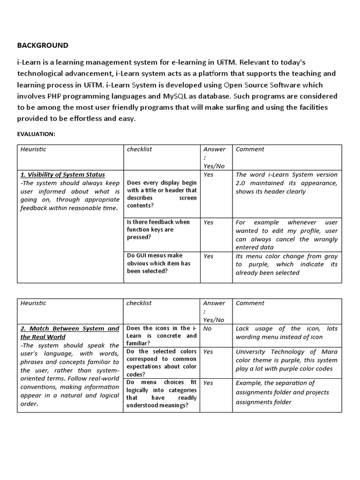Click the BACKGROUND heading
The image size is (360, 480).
[43, 45]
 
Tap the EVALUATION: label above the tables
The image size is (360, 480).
[36, 134]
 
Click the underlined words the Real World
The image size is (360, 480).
[43, 337]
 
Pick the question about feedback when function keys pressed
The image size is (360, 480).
[158, 230]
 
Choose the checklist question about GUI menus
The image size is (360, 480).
[158, 263]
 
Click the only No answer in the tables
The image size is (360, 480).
[207, 329]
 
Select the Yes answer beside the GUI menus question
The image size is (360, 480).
[208, 256]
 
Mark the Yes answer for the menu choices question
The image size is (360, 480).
[208, 383]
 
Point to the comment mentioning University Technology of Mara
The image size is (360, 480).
[286, 360]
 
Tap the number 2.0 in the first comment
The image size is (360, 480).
[242, 183]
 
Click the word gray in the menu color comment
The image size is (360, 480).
[331, 256]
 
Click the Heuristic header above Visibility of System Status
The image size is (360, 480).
[33, 149]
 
